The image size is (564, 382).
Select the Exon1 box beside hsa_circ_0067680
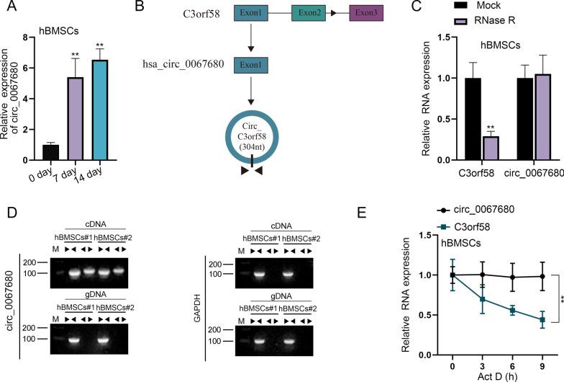click(251, 65)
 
